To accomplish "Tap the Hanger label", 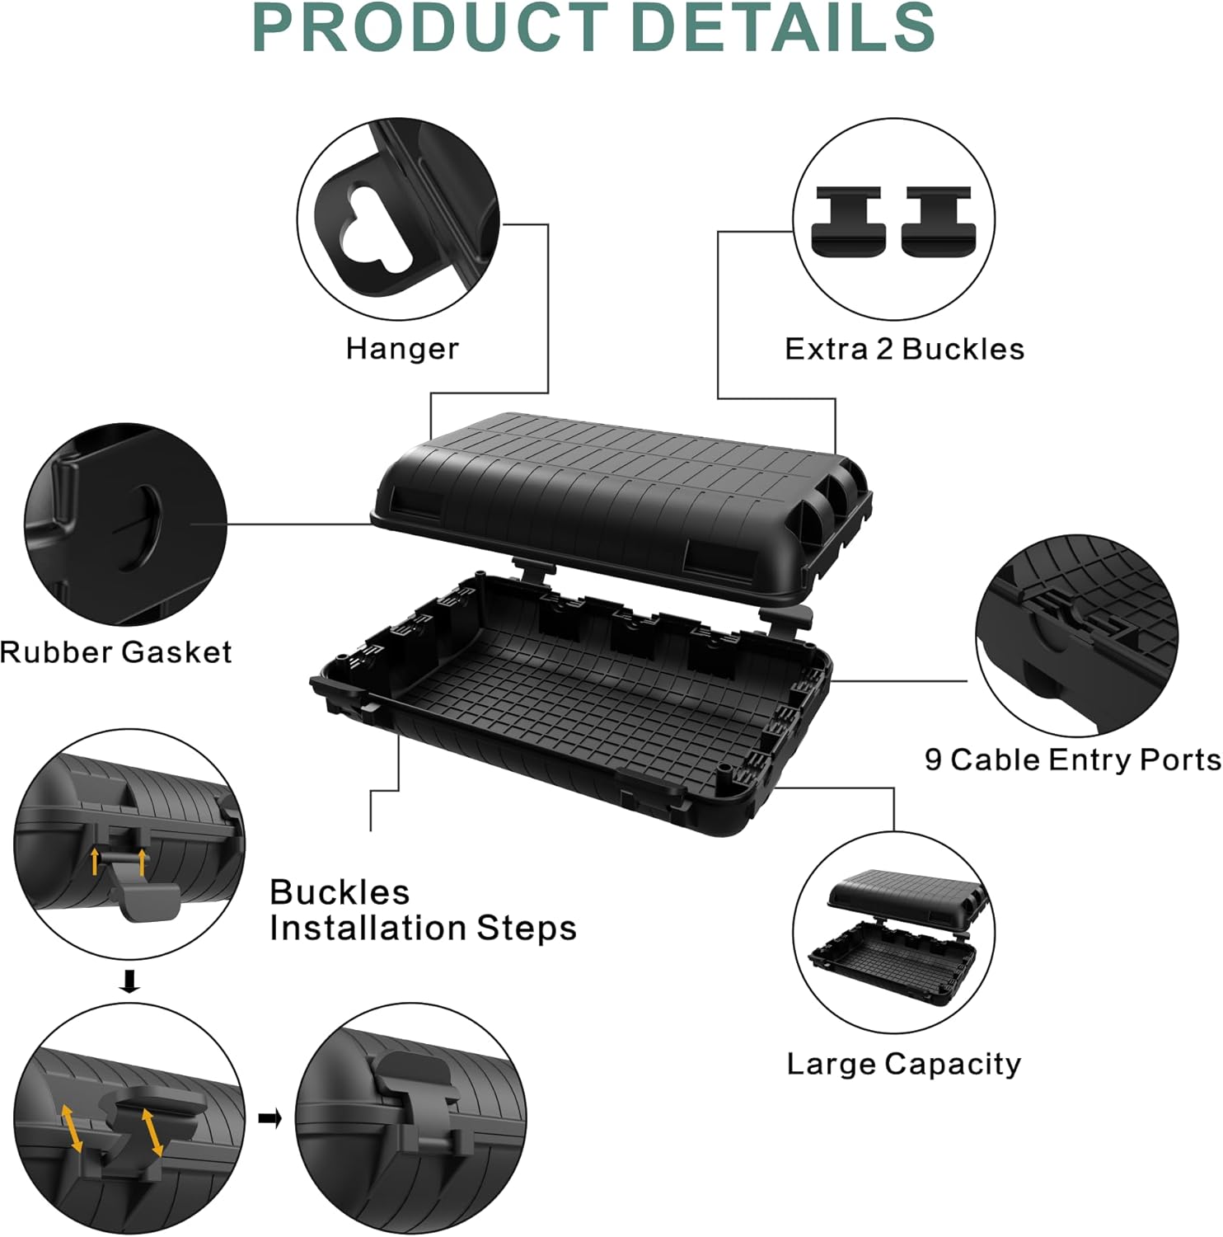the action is tap(402, 349).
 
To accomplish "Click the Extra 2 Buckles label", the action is tap(904, 349).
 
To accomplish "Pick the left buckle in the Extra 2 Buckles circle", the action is tap(848, 220).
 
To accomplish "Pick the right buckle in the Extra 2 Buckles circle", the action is tap(936, 220).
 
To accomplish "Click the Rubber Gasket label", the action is tap(116, 652).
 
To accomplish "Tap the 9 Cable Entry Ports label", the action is tap(1072, 760).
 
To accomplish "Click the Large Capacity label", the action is tap(903, 1064).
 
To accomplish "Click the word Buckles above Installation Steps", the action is tap(339, 892).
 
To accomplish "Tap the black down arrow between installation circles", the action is tap(129, 981).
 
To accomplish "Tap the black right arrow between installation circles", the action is tap(270, 1118).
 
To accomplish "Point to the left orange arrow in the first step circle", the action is tap(95, 860).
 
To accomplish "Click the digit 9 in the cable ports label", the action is tap(933, 759).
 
